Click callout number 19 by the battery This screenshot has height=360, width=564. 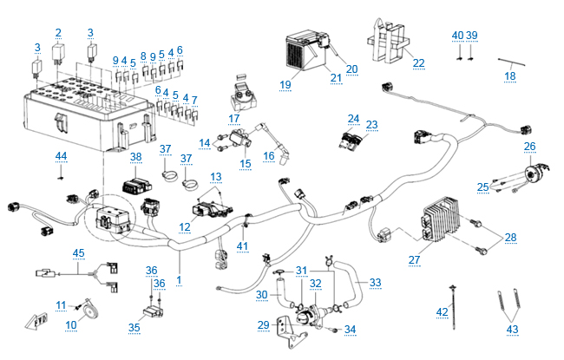click(x=284, y=84)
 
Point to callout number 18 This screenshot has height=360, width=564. click(x=510, y=76)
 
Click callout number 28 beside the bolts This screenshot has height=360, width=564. click(x=510, y=237)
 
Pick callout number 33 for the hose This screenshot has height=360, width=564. click(x=376, y=283)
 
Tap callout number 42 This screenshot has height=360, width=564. click(x=442, y=311)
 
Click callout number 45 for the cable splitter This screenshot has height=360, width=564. click(x=78, y=252)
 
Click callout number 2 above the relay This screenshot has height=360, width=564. click(x=59, y=34)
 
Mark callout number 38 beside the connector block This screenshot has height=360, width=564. click(x=135, y=157)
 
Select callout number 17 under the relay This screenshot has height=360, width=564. click(x=234, y=118)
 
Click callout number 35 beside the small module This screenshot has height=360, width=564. click(x=134, y=327)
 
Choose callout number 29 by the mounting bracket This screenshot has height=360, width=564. click(x=264, y=324)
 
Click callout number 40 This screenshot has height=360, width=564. click(x=457, y=35)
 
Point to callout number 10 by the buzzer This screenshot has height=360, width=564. click(x=72, y=324)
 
